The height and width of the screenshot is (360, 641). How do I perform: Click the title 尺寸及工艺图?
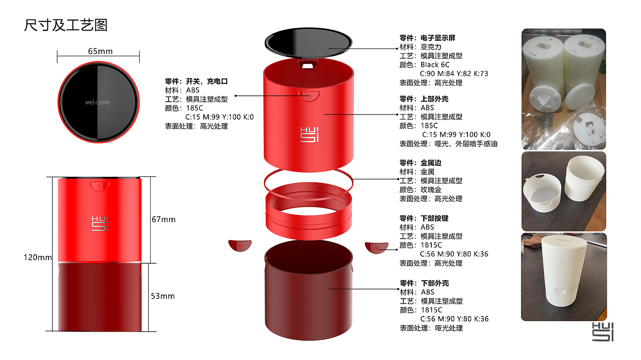point(65,25)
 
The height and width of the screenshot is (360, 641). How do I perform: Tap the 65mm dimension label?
point(100,51)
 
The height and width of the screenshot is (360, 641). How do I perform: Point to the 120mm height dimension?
point(38,257)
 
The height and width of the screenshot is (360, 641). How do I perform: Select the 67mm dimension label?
point(163,219)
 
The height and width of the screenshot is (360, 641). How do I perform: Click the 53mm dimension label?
point(163,296)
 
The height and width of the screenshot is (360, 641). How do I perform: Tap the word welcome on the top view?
point(98,102)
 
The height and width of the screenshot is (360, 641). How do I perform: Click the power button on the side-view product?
point(99,185)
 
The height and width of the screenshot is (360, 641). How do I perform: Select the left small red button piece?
point(240,245)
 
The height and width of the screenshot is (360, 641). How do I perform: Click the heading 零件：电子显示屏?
point(427,38)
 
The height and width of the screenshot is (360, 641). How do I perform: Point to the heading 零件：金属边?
point(420,163)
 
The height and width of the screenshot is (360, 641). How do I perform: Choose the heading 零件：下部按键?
point(424,218)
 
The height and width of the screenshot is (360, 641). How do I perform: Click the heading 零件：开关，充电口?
point(196,82)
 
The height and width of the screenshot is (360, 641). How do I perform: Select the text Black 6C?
point(435,65)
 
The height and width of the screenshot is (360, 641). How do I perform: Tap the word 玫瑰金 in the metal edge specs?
point(431,190)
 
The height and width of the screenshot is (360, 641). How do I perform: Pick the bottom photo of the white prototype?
point(563,277)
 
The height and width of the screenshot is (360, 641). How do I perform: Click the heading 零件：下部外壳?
point(424,283)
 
